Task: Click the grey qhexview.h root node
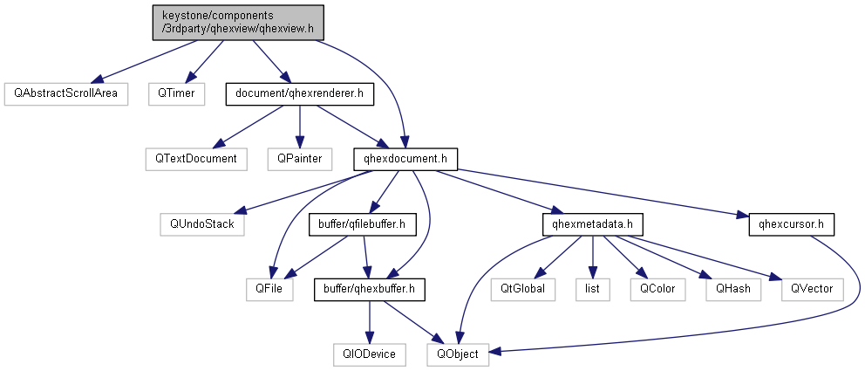pos(238,22)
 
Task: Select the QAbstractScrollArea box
pos(65,92)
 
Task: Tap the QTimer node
pos(175,92)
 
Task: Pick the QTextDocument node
pos(196,159)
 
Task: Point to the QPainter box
pos(300,159)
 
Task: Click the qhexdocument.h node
pos(405,159)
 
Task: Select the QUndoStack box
pos(202,223)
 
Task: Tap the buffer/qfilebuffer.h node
pos(362,224)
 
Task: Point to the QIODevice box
pos(371,354)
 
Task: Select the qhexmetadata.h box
pos(592,224)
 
